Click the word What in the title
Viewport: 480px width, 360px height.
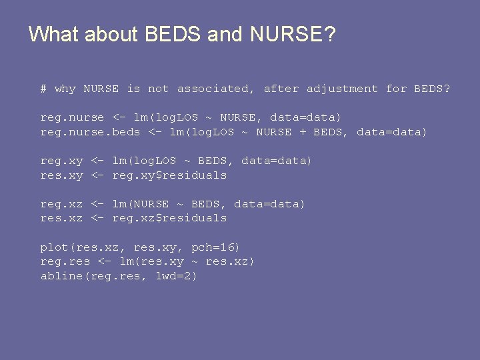[x=54, y=34]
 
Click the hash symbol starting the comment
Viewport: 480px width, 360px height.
[x=43, y=89]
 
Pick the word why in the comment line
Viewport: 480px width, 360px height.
[x=65, y=89]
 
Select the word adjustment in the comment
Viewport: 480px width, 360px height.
[x=342, y=89]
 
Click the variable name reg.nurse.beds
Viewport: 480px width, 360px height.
[x=90, y=132]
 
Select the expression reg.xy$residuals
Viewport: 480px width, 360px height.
[x=169, y=175]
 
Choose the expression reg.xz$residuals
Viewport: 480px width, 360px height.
[x=169, y=218]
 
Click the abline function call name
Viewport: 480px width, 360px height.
[x=61, y=276]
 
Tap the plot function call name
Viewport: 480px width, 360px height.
[x=54, y=247]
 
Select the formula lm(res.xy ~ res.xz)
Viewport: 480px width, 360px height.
[x=187, y=261]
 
